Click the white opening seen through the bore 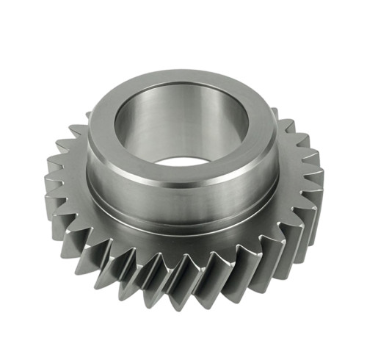point(180,160)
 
